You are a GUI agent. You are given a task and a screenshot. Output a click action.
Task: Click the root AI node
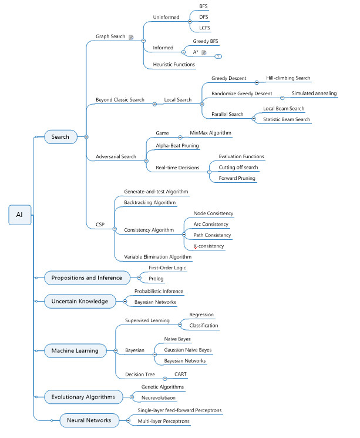[19, 215]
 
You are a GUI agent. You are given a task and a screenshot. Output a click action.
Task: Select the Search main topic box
[60, 137]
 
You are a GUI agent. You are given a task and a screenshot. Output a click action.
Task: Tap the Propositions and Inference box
[87, 277]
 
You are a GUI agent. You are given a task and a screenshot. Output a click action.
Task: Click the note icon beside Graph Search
[132, 37]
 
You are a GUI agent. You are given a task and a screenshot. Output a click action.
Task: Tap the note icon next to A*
[204, 52]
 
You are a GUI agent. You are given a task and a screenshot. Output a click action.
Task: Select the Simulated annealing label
[314, 93]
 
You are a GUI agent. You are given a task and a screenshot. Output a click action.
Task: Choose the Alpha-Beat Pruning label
[177, 145]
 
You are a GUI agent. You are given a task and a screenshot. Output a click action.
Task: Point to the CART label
[181, 374]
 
